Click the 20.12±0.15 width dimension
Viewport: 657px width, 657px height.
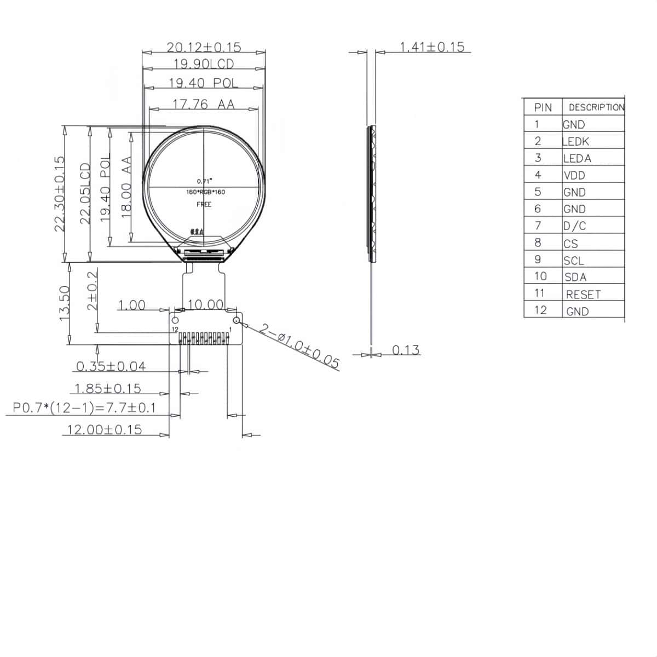(x=204, y=47)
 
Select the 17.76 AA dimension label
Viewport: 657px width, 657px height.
(x=204, y=103)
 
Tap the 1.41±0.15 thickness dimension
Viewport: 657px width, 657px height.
(x=432, y=47)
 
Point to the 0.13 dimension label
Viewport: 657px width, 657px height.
(x=406, y=350)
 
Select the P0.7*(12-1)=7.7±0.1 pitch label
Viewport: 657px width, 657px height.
(x=84, y=408)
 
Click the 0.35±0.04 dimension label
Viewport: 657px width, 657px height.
(x=111, y=366)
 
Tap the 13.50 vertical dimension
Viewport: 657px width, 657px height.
(x=65, y=303)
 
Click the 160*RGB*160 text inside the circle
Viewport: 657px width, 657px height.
(x=205, y=192)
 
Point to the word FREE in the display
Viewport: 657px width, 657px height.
(x=204, y=204)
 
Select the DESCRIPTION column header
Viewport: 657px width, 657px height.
(x=596, y=107)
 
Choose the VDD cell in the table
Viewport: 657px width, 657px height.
(x=574, y=176)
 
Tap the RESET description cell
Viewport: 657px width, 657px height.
(x=583, y=295)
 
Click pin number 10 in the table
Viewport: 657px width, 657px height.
(x=540, y=276)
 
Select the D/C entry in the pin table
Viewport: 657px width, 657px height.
(x=574, y=226)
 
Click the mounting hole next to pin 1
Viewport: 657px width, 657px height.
(x=237, y=320)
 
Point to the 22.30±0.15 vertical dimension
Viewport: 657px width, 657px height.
(x=60, y=194)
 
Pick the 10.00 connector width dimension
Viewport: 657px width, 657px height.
(x=205, y=304)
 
